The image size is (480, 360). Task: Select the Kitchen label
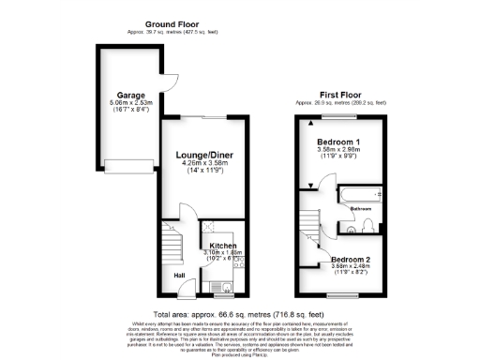[x=222, y=245]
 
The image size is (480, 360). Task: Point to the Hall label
[x=178, y=275]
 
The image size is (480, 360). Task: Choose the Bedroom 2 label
[x=352, y=258]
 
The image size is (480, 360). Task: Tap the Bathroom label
[x=362, y=209]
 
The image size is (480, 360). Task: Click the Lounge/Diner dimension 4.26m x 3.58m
[x=203, y=163]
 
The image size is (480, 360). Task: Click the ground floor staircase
[x=171, y=246]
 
